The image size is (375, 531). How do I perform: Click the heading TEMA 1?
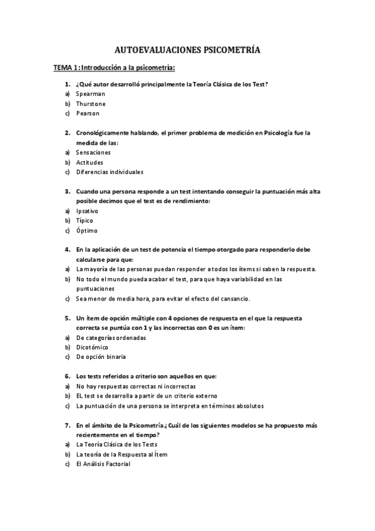tap(65, 68)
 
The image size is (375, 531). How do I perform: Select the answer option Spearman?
tap(91, 93)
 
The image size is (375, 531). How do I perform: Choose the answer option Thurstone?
tap(91, 103)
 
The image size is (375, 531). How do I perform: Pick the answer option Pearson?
tap(88, 113)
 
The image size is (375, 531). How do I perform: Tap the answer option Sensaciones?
tap(93, 152)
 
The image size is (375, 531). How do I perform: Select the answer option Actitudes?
tap(90, 162)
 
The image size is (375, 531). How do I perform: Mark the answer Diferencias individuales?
tap(110, 172)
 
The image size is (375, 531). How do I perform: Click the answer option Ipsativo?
tap(87, 211)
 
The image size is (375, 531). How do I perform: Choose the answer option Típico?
tap(85, 220)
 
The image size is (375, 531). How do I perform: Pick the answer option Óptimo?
tap(86, 230)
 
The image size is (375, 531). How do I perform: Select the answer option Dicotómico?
tap(92, 347)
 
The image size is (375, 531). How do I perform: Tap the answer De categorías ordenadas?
tap(111, 338)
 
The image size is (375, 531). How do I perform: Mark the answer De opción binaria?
tap(101, 357)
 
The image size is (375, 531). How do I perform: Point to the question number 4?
tap(68, 249)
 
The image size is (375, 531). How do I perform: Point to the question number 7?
tap(68, 425)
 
